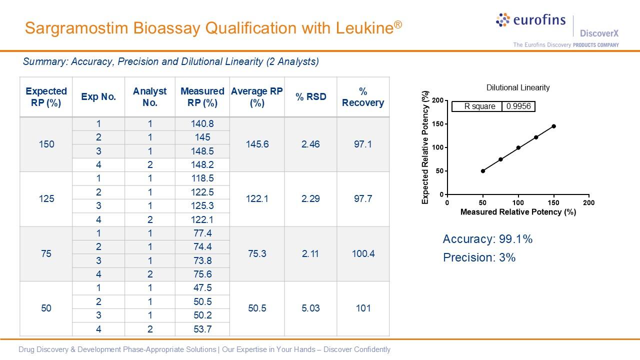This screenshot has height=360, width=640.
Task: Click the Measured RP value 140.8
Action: point(202,124)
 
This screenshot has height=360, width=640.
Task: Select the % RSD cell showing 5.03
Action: point(310,308)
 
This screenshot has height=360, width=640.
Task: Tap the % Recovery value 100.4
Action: point(363,253)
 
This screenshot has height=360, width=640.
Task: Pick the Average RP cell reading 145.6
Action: point(257,144)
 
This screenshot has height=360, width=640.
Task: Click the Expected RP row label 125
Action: point(46,199)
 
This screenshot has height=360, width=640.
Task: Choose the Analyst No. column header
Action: point(149,97)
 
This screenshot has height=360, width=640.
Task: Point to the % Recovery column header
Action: point(363,97)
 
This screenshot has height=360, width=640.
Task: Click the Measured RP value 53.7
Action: point(202,329)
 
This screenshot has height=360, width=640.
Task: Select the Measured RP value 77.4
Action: point(202,233)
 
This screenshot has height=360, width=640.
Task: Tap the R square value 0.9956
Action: point(518,106)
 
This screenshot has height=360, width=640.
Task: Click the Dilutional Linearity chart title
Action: point(518,88)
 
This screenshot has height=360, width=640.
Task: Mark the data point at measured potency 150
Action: point(554,126)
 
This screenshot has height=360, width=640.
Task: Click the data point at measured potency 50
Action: point(483,171)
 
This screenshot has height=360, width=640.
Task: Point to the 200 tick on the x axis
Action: point(589,203)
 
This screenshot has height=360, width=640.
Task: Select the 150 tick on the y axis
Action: point(438,124)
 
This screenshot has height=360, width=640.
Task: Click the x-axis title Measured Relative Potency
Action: point(518,212)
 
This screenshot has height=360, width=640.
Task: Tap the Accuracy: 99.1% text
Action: point(487,239)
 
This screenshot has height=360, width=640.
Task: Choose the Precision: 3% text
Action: point(479,257)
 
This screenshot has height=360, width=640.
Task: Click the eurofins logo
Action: point(531,20)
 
